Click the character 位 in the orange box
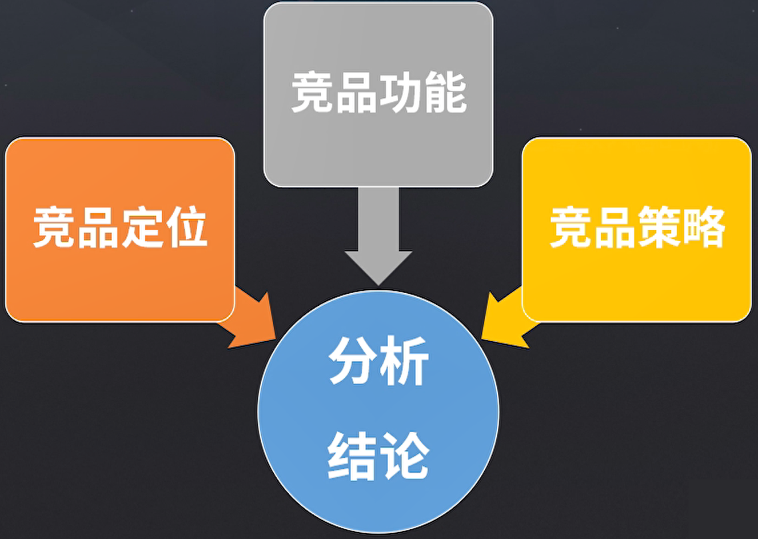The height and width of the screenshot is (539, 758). click(x=186, y=227)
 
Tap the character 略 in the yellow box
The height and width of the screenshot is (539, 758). click(x=703, y=227)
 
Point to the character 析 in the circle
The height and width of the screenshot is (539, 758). click(x=405, y=361)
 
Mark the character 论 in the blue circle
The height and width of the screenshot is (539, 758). click(x=405, y=456)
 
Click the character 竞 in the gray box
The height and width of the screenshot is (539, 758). click(x=313, y=92)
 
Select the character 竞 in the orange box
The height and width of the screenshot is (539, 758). click(x=54, y=227)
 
